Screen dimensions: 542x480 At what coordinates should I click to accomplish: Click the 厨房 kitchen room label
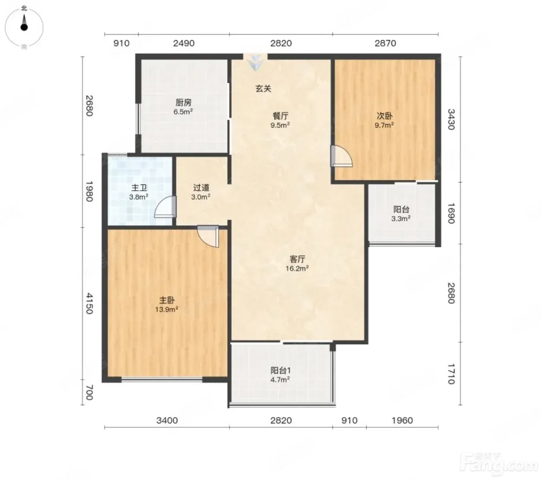[x=184, y=102]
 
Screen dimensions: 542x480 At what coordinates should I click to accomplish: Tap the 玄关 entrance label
[x=263, y=88]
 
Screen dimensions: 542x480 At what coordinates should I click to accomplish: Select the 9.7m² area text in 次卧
[x=384, y=125]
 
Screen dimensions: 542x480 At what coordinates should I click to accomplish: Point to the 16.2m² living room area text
[x=297, y=268]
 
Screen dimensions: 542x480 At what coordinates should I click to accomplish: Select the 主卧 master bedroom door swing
[x=208, y=237]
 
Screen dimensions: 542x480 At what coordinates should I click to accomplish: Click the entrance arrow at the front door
[x=256, y=63]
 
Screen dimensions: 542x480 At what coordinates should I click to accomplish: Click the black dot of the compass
[x=24, y=27]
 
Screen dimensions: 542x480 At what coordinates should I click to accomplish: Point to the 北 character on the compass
[x=24, y=9]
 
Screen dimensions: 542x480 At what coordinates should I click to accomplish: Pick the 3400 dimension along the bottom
[x=167, y=421]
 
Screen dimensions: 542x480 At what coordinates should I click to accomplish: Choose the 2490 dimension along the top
[x=184, y=43]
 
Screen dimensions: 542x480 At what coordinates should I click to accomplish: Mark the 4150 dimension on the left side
[x=89, y=303]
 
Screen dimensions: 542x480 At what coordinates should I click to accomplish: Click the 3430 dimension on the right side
[x=451, y=119]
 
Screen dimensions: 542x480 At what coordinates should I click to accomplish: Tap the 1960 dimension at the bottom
[x=402, y=421]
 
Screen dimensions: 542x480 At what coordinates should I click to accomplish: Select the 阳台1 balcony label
[x=281, y=371]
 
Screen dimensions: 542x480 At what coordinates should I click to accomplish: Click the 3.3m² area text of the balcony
[x=401, y=219]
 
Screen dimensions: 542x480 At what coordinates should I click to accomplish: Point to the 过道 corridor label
[x=201, y=188]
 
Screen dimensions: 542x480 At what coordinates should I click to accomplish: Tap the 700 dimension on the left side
[x=89, y=393]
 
